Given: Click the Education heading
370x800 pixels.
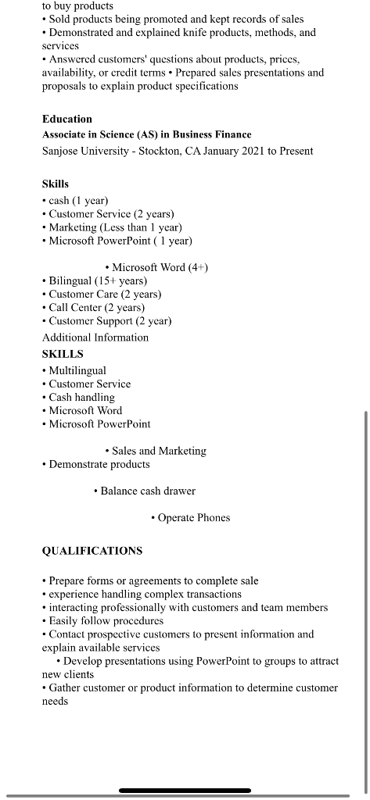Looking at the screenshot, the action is pos(67,119).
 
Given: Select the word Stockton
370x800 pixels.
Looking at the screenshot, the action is pos(158,151).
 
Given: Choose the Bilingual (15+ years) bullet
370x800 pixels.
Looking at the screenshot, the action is pos(97,280).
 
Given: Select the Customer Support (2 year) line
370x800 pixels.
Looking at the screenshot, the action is pos(110,321).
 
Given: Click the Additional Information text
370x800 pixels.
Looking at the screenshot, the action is pos(95,337).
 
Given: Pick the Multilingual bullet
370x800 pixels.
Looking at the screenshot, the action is pos(77,370).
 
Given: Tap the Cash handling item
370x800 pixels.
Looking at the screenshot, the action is pos(81,397).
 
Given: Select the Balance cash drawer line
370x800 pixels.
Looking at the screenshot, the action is pos(148,491).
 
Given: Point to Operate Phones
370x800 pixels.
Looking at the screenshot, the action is pos(193,517).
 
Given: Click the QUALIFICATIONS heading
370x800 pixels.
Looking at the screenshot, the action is pos(92,551).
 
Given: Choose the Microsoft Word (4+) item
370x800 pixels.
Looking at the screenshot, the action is pos(160,267).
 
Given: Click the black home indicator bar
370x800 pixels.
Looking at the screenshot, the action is pos(185,791).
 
